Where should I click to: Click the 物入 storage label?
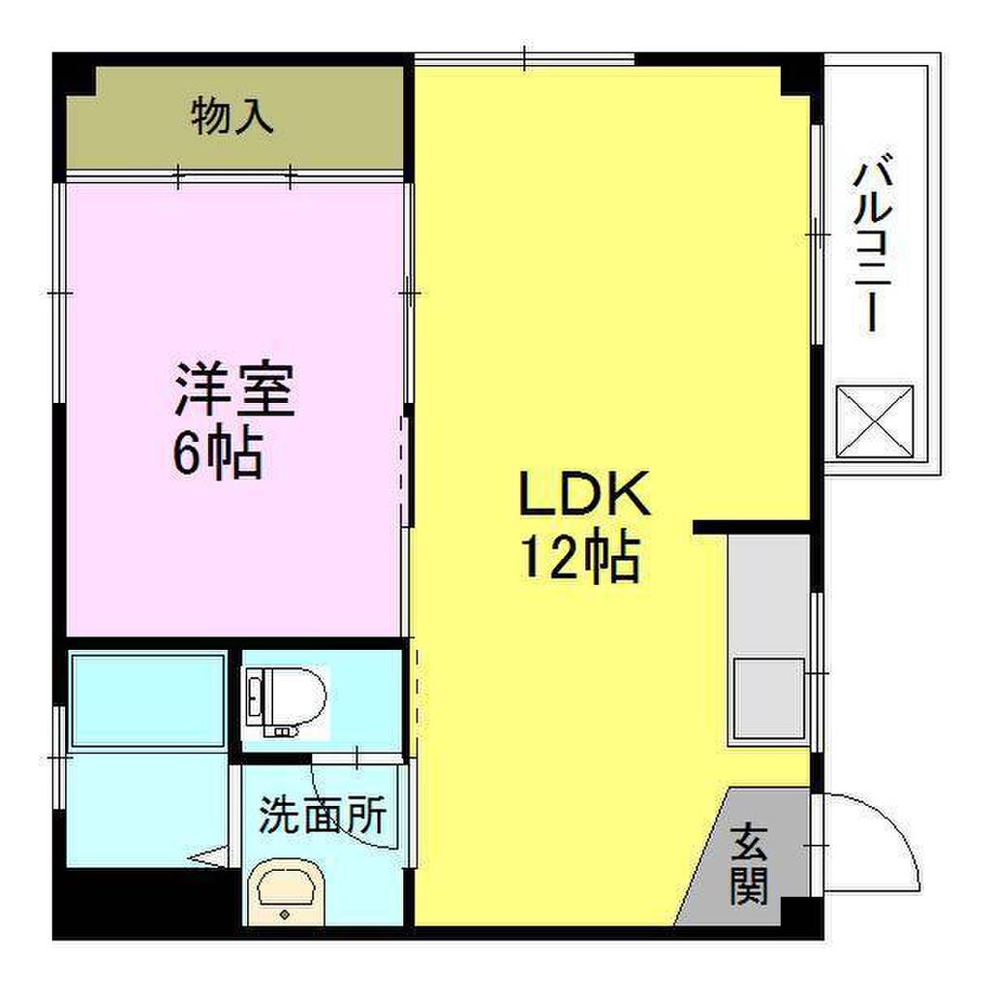232,116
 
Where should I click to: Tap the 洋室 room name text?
235,389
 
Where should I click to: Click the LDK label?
584,494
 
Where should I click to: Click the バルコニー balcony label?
873,242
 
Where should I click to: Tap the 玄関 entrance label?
749,863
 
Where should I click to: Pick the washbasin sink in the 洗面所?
285,893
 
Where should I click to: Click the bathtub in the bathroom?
148,701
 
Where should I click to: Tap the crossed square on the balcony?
875,420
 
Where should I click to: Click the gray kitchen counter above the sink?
768,595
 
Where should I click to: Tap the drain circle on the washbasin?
285,914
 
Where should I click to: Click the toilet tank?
255,701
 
